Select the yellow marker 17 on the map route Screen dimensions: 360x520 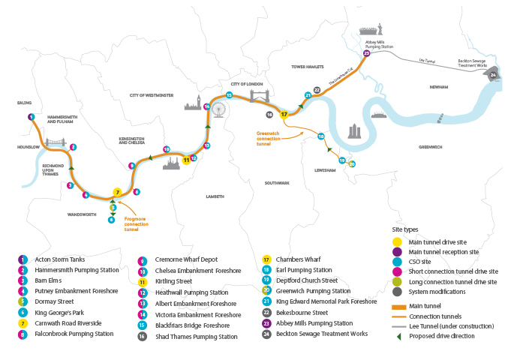(x=284, y=115)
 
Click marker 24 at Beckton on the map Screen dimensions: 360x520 (x=493, y=75)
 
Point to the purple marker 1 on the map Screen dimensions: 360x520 (x=31, y=117)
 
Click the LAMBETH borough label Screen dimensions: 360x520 (x=215, y=196)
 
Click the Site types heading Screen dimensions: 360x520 (x=407, y=229)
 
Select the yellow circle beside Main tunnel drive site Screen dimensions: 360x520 (x=397, y=241)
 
